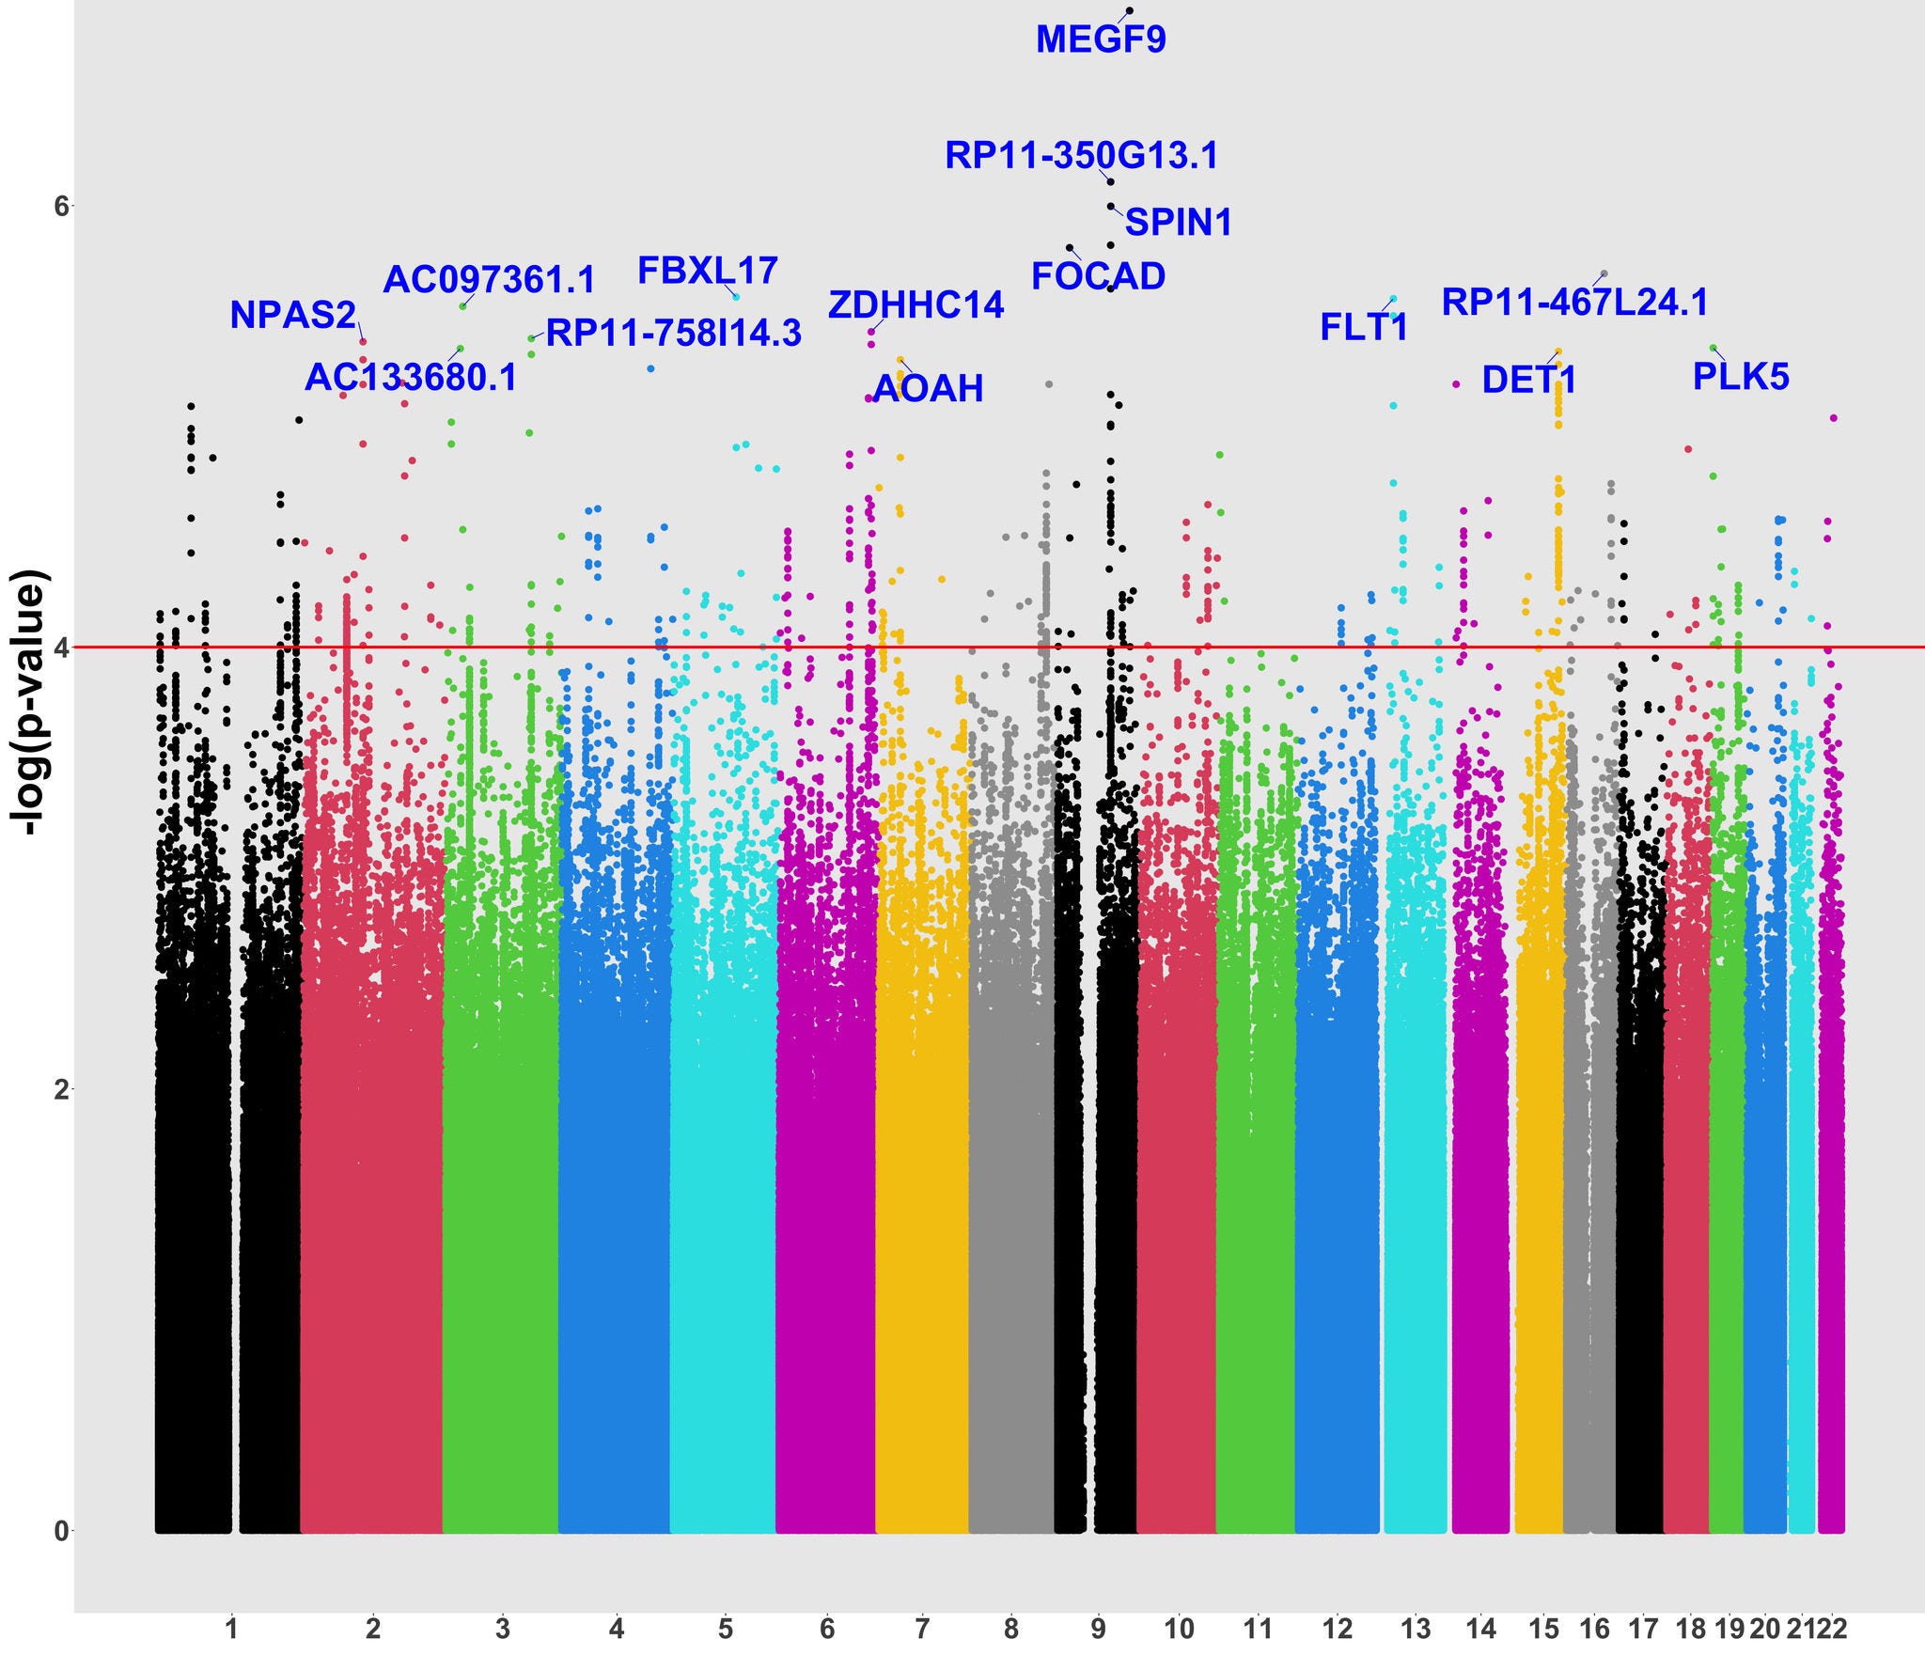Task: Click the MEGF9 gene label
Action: coord(1101,40)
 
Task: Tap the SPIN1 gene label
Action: coord(1178,223)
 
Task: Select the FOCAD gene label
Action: coord(1098,276)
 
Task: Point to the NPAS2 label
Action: coord(293,316)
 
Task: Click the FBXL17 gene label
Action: coord(708,271)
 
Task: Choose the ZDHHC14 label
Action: coord(916,305)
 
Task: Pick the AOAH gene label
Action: coord(928,388)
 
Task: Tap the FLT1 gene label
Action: coord(1364,327)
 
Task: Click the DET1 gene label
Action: coord(1528,381)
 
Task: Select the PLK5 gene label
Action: coord(1741,377)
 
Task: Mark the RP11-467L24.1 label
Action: coord(1574,303)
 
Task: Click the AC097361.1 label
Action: coord(489,280)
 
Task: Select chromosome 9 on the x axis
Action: coord(1098,1628)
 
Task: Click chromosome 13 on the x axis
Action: coord(1416,1628)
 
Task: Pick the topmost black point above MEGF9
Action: coord(1130,10)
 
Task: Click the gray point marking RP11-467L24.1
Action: coord(1604,273)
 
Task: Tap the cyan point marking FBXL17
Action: coord(736,297)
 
